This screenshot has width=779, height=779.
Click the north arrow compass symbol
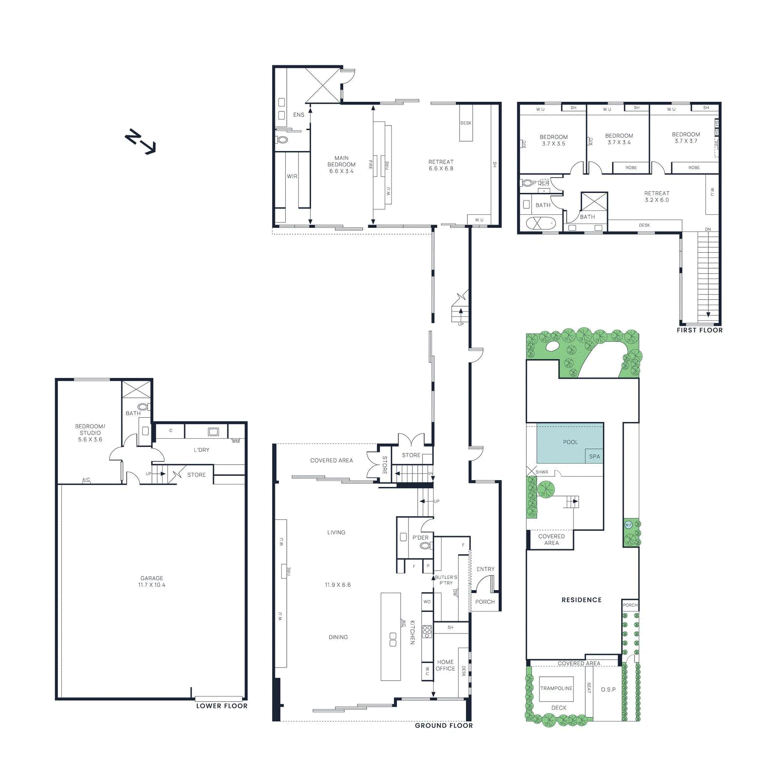[140, 142]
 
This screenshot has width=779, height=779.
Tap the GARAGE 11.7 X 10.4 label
[152, 581]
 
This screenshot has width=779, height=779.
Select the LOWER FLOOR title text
[222, 706]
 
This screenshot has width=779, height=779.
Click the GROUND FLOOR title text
[444, 725]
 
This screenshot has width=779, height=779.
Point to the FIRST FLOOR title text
[699, 330]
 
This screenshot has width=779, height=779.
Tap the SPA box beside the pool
[594, 456]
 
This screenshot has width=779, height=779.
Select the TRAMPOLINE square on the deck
[556, 688]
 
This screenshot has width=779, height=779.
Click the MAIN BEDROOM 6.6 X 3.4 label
[341, 165]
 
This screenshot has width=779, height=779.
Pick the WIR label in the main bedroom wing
[292, 176]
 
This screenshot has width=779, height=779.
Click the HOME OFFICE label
[445, 665]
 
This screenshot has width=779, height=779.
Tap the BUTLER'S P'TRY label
[445, 580]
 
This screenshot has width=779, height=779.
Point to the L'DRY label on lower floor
[201, 450]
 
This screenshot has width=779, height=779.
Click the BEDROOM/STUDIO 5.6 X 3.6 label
[90, 433]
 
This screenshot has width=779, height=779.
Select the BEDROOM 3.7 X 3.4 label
[619, 139]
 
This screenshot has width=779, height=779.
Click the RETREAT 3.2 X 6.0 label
[656, 197]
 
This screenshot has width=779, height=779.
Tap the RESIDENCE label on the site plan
[581, 600]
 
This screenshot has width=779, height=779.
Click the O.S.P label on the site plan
[608, 689]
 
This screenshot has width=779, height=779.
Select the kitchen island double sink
[393, 639]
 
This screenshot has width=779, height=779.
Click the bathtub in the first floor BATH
[540, 223]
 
